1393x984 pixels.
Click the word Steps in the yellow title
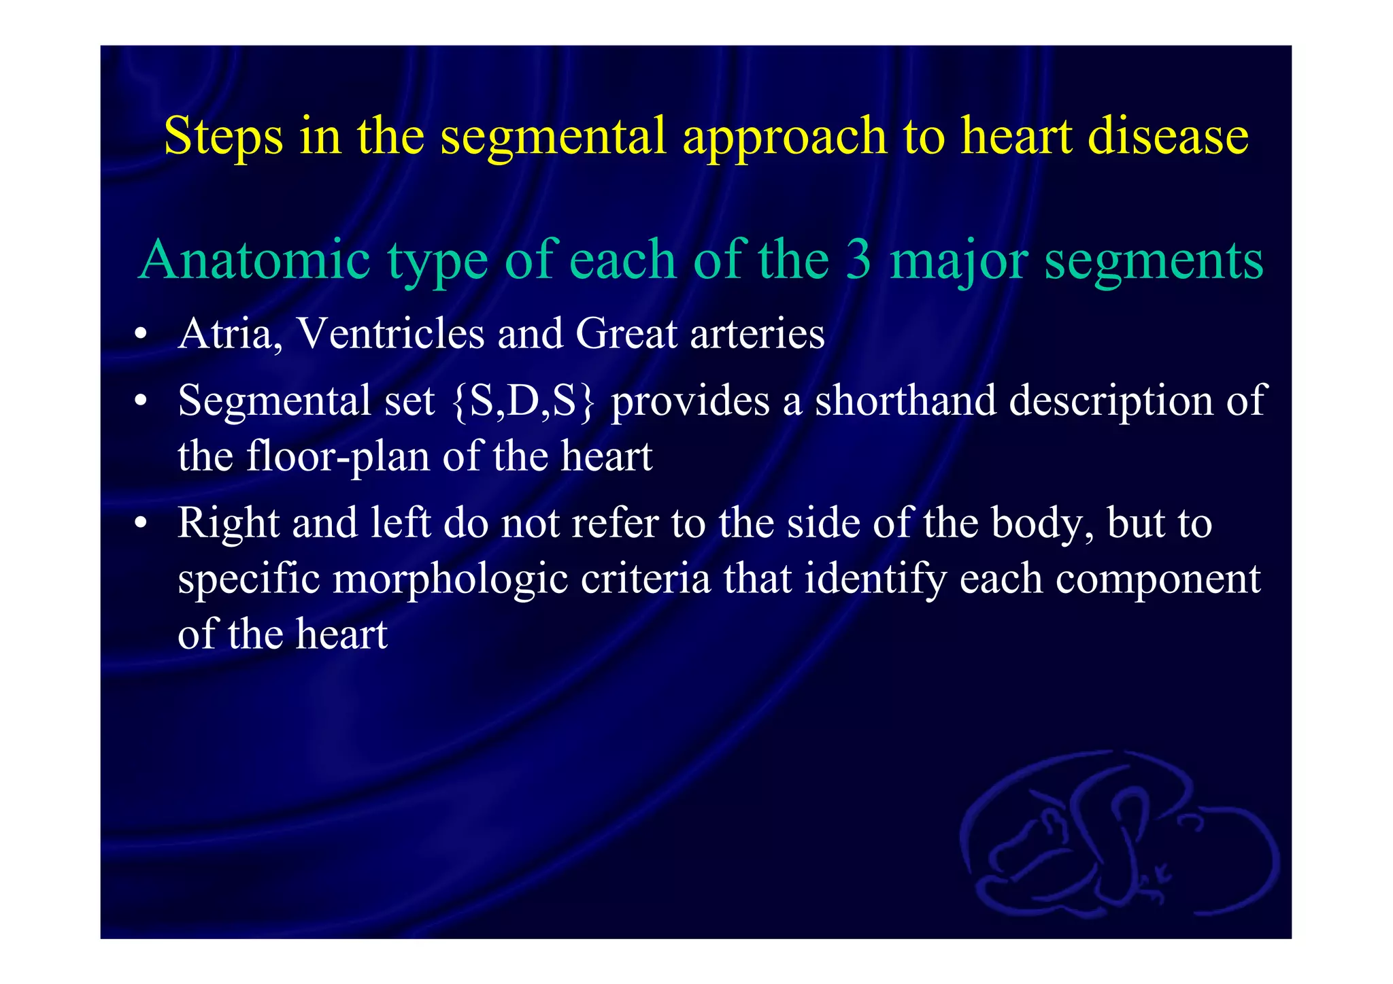[x=223, y=136]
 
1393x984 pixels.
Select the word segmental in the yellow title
[x=553, y=136]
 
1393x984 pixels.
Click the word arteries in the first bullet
[x=757, y=334]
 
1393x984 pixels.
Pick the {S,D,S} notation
[x=523, y=401]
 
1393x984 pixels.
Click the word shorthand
[x=905, y=401]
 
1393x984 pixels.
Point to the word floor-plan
[x=338, y=456]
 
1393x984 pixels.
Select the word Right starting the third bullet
[x=229, y=524]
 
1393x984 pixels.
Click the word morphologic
[x=450, y=579]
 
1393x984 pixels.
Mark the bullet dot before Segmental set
[x=141, y=401]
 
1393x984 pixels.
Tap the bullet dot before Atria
[x=141, y=335]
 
